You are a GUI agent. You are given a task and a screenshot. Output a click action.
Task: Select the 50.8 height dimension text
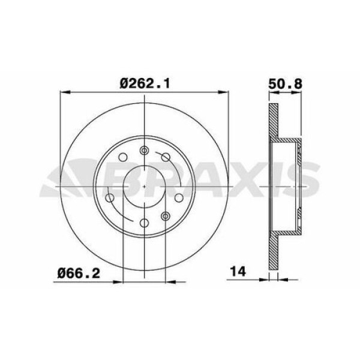pyautogui.click(x=284, y=84)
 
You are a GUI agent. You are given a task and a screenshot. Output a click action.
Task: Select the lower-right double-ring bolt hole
pyautogui.click(x=166, y=215)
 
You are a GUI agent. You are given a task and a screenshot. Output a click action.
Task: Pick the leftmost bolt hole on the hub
pyautogui.click(x=109, y=197)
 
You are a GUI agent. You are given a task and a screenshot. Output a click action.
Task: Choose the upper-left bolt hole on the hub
pyautogui.click(x=123, y=157)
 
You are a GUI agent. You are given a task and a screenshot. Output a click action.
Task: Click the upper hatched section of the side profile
pyautogui.click(x=273, y=123)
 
